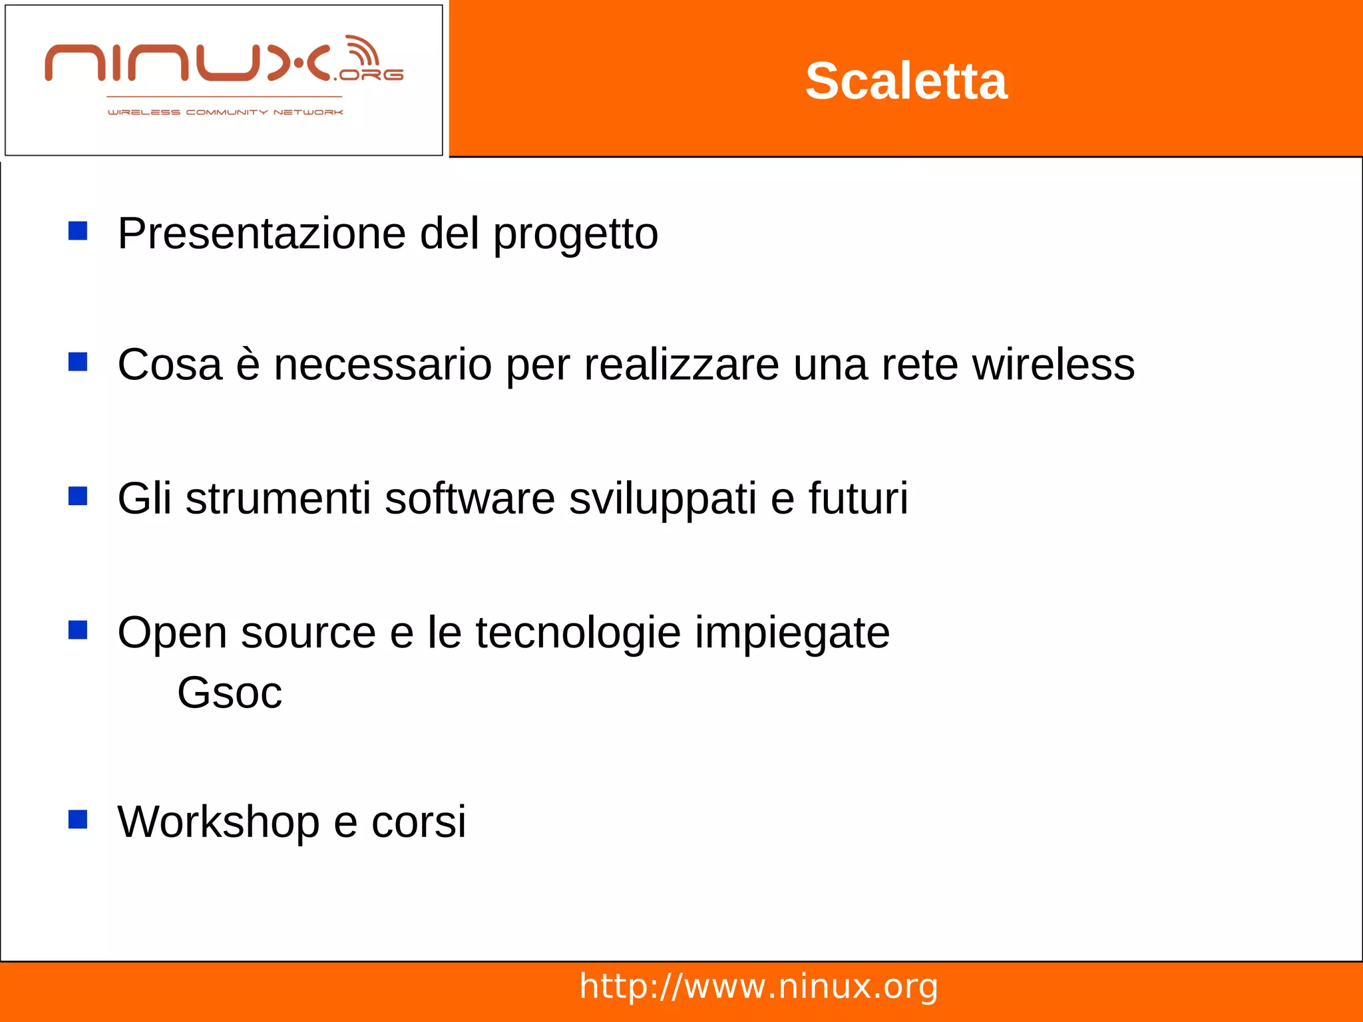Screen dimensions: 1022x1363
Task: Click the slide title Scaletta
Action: (906, 81)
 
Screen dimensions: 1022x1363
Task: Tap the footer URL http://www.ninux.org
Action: (759, 986)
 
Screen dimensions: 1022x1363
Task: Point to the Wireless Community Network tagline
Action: (225, 112)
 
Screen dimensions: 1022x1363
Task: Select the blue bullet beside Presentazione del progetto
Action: (78, 231)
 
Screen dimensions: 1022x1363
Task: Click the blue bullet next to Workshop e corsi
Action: (78, 819)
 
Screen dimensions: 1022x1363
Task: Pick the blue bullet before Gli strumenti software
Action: (78, 496)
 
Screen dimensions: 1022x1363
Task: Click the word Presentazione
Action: (262, 234)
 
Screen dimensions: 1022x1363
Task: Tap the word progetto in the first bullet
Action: (576, 235)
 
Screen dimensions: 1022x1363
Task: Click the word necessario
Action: (383, 365)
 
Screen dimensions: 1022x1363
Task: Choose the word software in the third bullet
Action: (469, 498)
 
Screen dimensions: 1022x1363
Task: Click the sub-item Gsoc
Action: (230, 693)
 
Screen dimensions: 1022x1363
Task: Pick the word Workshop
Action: (218, 822)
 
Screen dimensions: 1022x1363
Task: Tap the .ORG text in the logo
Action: (370, 75)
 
